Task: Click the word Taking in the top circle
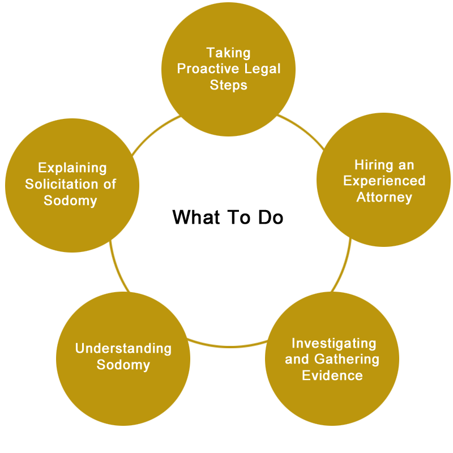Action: tap(228, 53)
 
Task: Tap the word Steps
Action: tap(229, 86)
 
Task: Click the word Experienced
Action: tap(384, 181)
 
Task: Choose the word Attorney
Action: tap(384, 198)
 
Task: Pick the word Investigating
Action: tap(334, 344)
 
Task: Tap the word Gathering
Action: tap(347, 360)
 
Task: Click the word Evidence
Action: tap(332, 375)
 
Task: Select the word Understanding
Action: tap(123, 349)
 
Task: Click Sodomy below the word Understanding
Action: tap(123, 365)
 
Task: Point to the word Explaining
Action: tap(72, 168)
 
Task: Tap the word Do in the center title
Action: tap(271, 217)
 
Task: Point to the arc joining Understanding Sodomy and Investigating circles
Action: tap(228, 346)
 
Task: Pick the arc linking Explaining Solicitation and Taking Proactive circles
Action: tap(154, 133)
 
